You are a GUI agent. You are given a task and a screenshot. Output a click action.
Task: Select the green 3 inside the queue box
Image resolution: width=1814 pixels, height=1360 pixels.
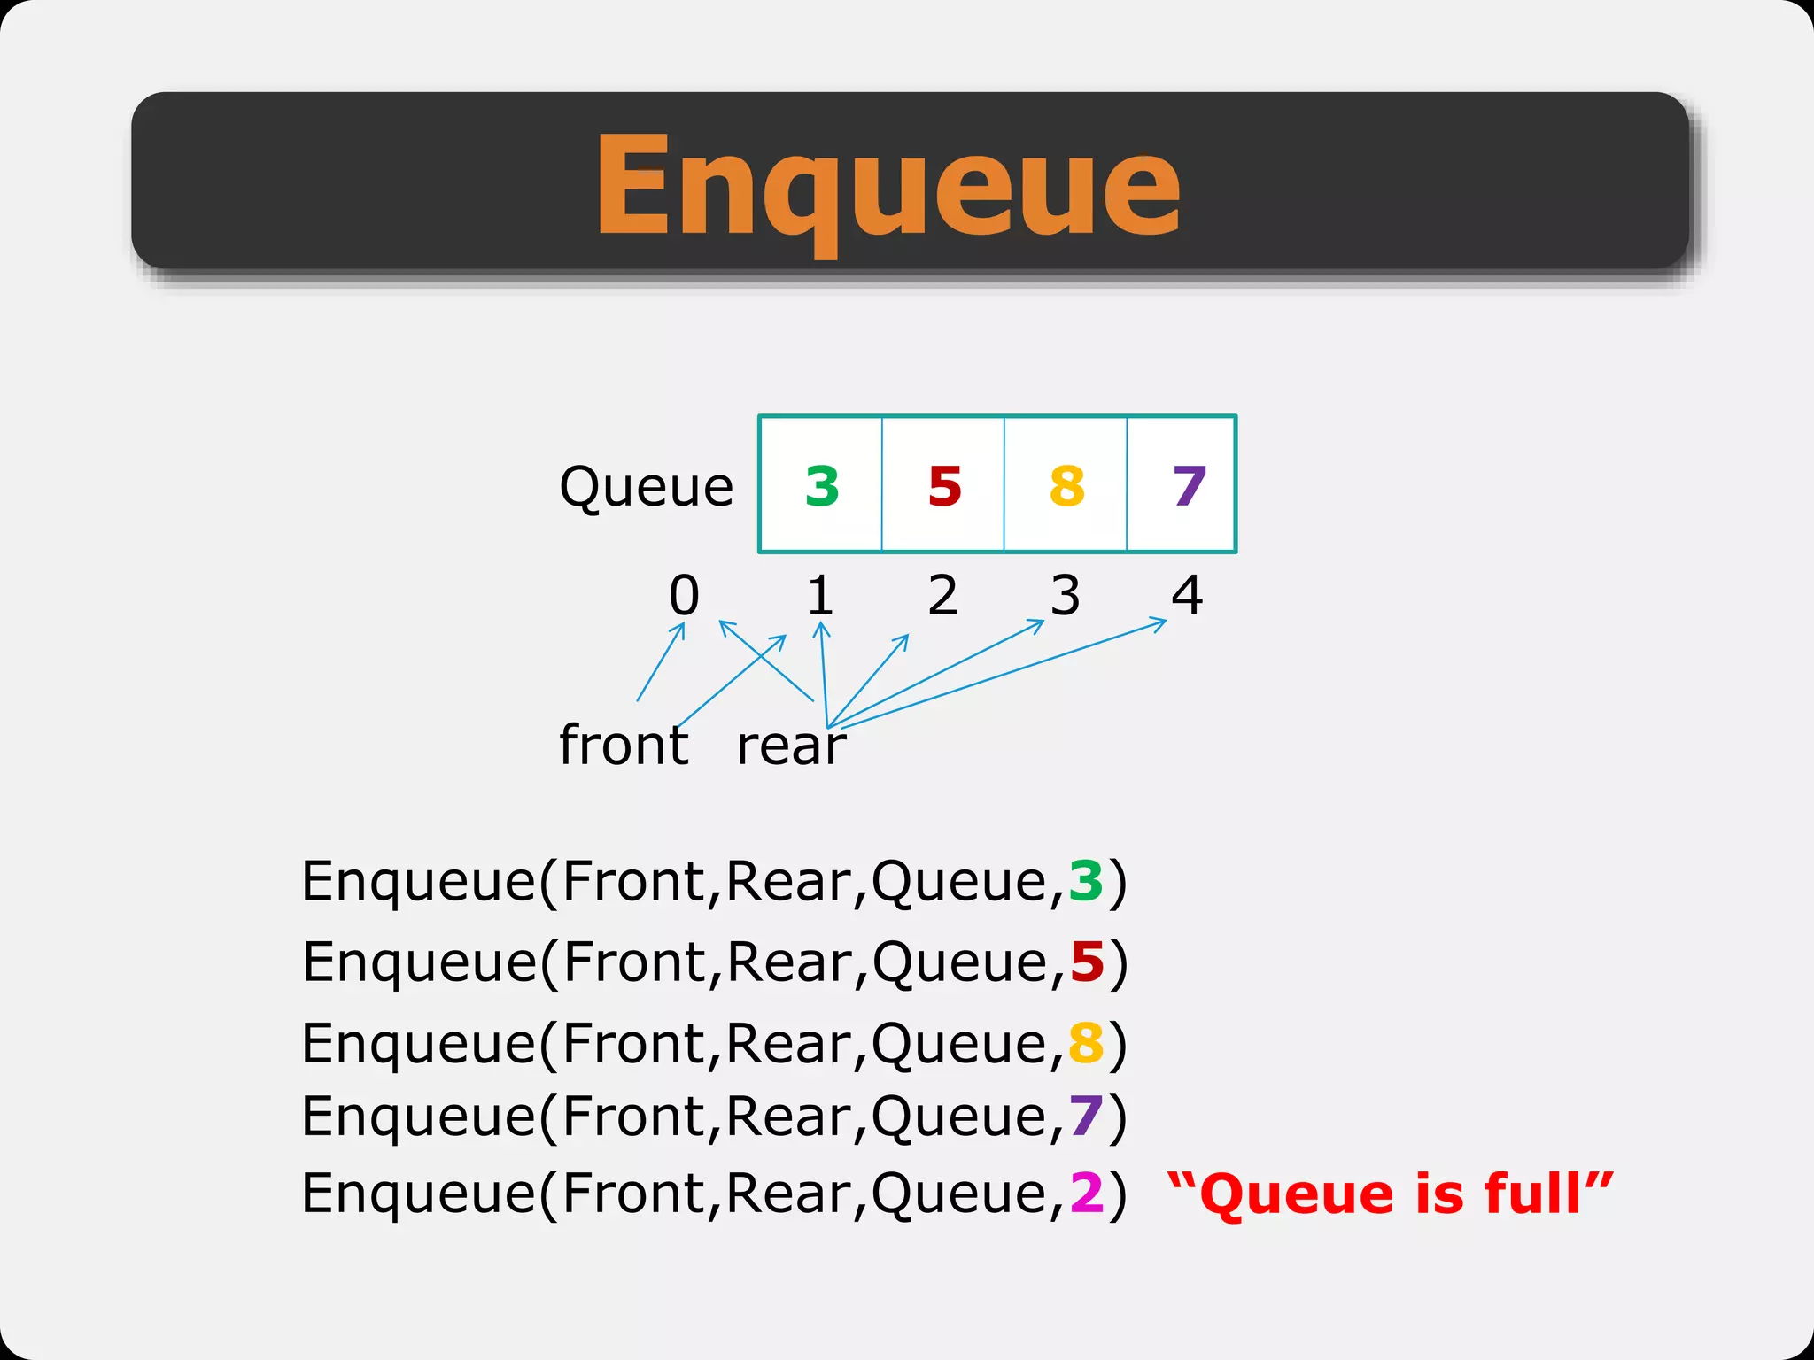(822, 486)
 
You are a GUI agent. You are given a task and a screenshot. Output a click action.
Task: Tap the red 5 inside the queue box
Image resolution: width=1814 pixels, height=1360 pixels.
(944, 486)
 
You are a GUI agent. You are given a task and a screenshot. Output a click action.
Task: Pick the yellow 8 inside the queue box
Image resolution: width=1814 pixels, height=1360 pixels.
(1066, 486)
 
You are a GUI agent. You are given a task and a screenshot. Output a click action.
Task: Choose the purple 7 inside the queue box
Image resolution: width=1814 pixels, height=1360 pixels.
(1189, 486)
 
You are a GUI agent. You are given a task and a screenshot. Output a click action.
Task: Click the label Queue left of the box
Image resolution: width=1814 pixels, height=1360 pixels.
(646, 487)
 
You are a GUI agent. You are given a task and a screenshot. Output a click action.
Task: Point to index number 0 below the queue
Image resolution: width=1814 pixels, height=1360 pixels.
(684, 595)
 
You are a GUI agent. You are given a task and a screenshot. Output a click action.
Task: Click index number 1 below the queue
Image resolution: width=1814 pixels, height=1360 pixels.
(820, 595)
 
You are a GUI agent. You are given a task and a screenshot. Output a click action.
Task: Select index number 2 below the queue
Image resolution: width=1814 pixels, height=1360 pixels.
(942, 595)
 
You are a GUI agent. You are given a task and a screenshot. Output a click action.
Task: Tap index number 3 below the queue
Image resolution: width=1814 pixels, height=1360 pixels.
(1065, 595)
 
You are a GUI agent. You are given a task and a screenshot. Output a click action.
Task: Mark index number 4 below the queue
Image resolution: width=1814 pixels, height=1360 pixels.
(1187, 595)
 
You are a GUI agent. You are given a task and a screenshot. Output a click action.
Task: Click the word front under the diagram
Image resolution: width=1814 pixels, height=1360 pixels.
(624, 745)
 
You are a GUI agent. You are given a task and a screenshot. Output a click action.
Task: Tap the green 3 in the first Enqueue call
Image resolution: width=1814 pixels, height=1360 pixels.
(1086, 881)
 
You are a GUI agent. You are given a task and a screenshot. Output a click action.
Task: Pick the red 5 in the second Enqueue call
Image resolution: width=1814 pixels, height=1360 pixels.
(1087, 962)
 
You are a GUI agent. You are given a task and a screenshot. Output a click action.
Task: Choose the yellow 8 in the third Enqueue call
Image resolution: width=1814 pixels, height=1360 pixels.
(1086, 1044)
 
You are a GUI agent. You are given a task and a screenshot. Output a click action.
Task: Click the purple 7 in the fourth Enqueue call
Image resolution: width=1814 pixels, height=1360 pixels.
(1086, 1117)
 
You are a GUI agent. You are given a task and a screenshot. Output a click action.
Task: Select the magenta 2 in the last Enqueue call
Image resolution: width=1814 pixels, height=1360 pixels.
(1086, 1194)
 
